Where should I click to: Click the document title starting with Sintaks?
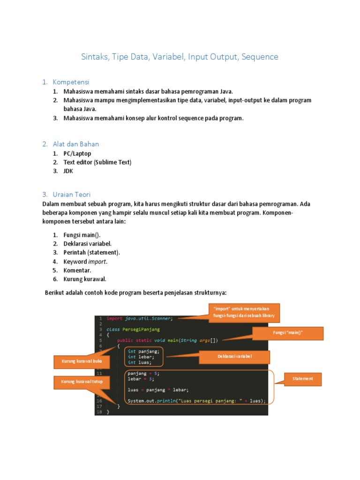(x=180, y=57)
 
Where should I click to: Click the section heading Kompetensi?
(x=71, y=82)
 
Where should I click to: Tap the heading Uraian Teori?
(x=71, y=194)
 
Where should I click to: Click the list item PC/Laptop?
(x=77, y=153)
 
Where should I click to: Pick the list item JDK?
(x=68, y=171)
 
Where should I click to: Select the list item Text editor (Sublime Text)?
(x=97, y=162)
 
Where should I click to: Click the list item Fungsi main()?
(x=82, y=235)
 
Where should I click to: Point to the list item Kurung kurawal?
(x=85, y=279)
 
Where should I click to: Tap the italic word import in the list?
(x=97, y=262)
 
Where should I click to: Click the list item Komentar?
(x=77, y=270)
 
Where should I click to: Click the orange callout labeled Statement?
(x=303, y=379)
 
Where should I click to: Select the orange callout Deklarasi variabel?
(x=235, y=357)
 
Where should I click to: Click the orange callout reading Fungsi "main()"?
(x=288, y=333)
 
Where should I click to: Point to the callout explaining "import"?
(x=244, y=313)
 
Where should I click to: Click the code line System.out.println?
(x=196, y=401)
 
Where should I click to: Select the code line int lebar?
(x=138, y=357)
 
